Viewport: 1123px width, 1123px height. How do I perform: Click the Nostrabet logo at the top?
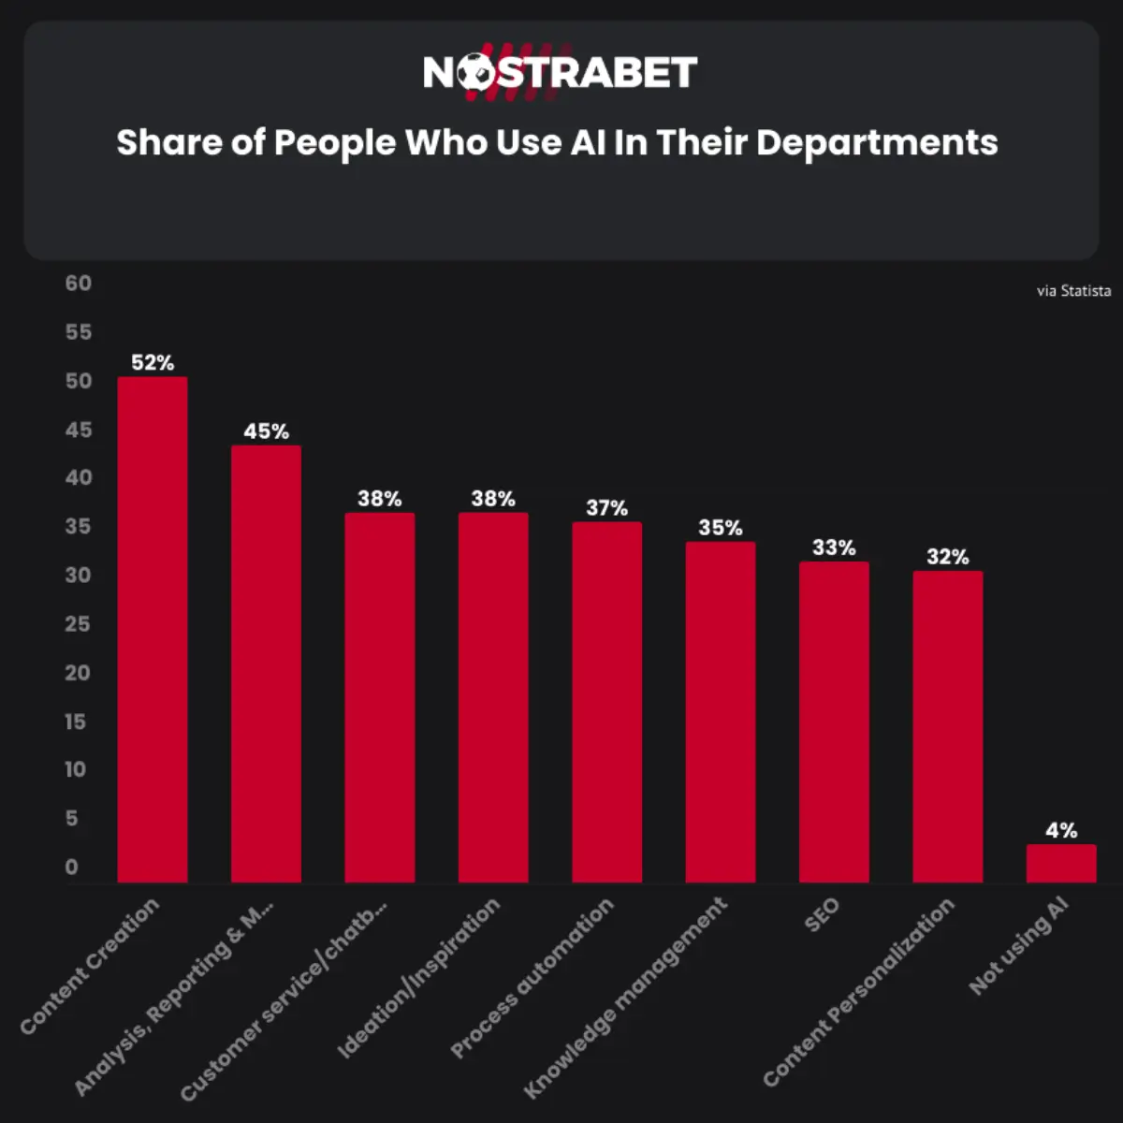click(x=560, y=72)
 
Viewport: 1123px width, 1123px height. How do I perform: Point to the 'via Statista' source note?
click(x=1073, y=291)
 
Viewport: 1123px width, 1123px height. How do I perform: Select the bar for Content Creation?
click(x=152, y=630)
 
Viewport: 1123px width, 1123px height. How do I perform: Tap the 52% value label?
click(x=152, y=362)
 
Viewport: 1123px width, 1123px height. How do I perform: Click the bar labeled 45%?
click(x=266, y=664)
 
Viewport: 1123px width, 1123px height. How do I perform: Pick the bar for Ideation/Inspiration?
click(x=493, y=697)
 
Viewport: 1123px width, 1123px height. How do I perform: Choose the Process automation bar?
click(x=606, y=702)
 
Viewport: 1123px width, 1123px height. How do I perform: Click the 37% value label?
click(x=606, y=507)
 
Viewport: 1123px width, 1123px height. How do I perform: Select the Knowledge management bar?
click(x=721, y=712)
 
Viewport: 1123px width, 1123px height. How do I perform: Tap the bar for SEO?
click(x=834, y=722)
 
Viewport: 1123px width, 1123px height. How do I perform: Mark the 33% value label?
click(x=834, y=547)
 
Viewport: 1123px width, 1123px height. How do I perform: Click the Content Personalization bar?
click(x=947, y=726)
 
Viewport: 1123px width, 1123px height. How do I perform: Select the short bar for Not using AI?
click(x=1060, y=864)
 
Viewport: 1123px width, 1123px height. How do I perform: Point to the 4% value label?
click(x=1060, y=830)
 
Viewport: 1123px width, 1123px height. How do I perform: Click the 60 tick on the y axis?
click(x=79, y=284)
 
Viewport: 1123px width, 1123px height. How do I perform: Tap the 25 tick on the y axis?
click(x=79, y=623)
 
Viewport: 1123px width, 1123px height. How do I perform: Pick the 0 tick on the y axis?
click(x=72, y=867)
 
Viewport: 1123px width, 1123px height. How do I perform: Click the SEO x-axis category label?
click(x=823, y=914)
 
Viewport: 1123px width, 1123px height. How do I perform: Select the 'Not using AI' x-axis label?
click(x=1018, y=946)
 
